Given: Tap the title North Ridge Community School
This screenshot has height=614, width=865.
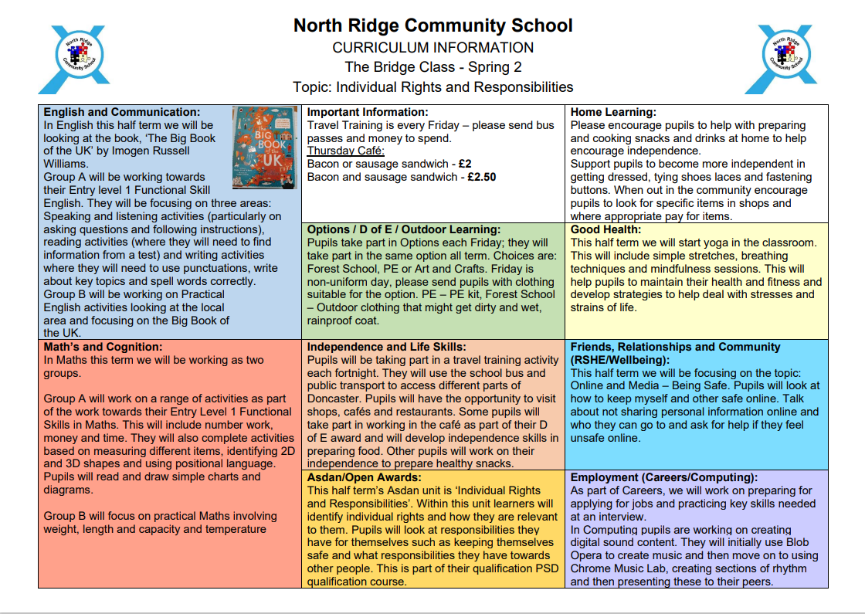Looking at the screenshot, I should coord(432,25).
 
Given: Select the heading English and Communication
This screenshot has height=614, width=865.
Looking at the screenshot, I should coord(121,112).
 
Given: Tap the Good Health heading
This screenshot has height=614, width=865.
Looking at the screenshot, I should coord(605,229).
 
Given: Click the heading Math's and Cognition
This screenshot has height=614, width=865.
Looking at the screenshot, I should coord(103,347).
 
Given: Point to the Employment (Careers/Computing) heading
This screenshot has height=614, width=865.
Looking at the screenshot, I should coord(663,477).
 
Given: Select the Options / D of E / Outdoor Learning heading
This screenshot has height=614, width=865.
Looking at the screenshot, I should coord(404,229).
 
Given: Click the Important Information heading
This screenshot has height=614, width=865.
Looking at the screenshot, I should coord(367,112).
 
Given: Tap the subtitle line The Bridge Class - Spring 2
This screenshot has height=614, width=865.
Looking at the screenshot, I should coord(432,67).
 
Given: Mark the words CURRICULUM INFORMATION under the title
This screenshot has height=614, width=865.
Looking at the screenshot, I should coord(432,47).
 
